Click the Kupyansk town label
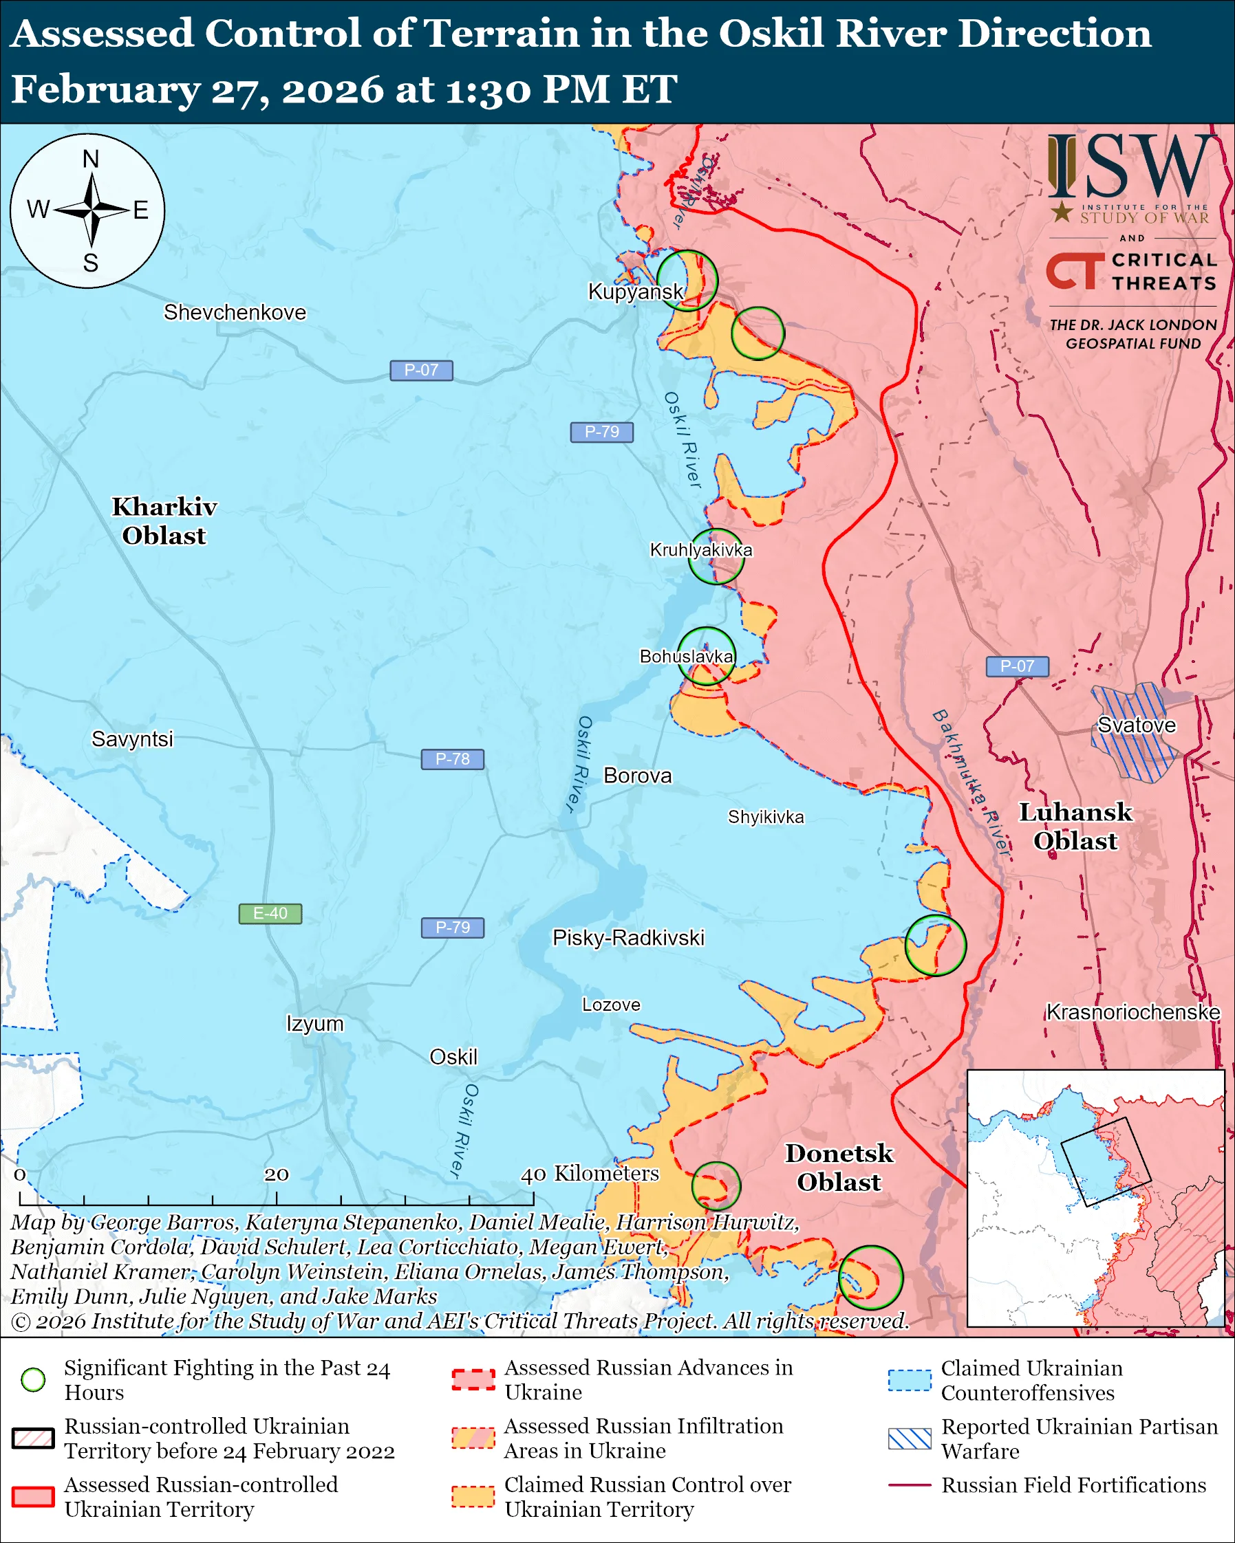(635, 292)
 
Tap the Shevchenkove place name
(235, 312)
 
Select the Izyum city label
(315, 1023)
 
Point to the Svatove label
(1136, 725)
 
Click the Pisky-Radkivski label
(628, 937)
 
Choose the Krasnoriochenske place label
(1132, 1012)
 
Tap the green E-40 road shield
(270, 914)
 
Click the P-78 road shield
(453, 758)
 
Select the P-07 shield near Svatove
(1017, 666)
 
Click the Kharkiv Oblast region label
(164, 521)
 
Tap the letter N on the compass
(90, 159)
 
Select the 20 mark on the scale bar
(277, 1174)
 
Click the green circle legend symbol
(34, 1380)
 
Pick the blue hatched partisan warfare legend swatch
(910, 1438)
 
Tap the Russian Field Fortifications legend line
(910, 1485)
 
